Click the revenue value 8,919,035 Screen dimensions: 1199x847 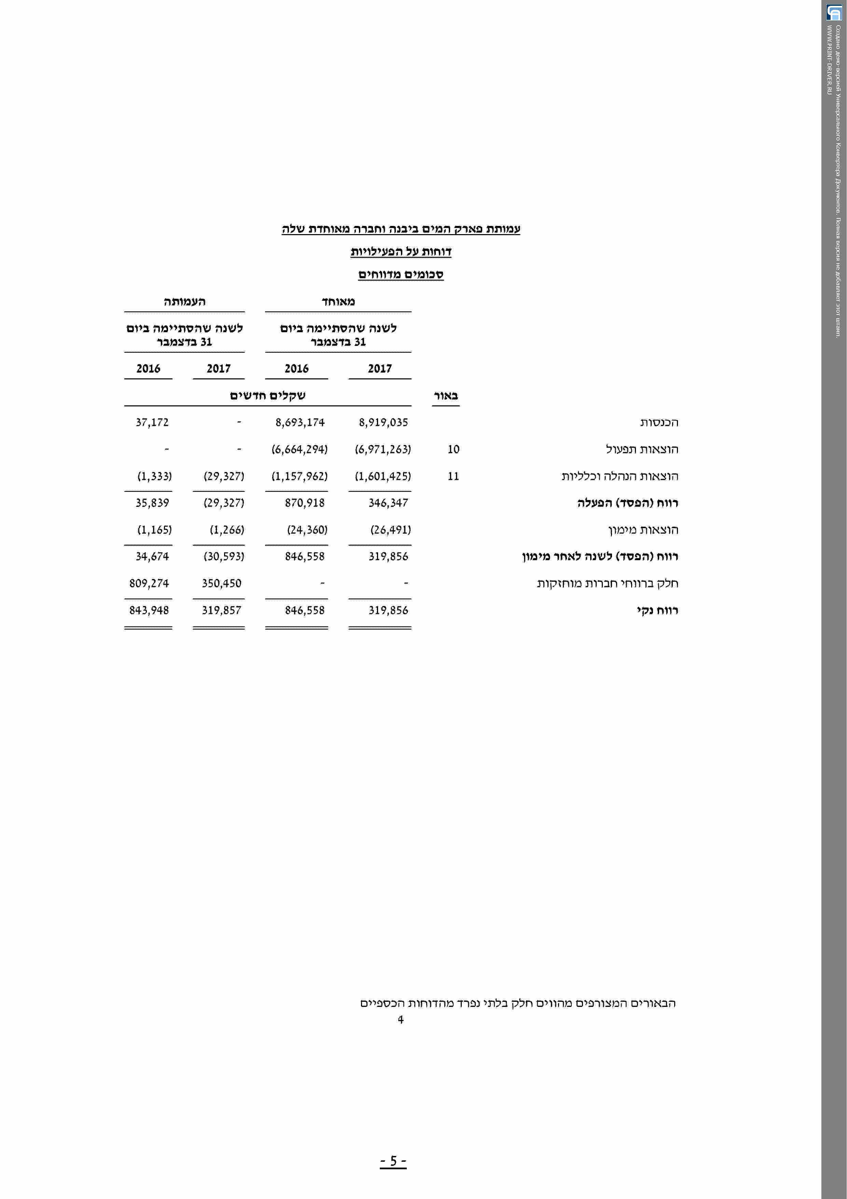[383, 422]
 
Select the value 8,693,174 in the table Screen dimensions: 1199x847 [300, 422]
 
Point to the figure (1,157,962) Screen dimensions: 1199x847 [300, 476]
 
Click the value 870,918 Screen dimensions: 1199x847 [305, 503]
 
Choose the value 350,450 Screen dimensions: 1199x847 [221, 583]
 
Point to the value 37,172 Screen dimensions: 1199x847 [152, 422]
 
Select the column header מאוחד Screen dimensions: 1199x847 [338, 301]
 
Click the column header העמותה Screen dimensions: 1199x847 [184, 301]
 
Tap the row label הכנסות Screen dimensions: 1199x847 [659, 422]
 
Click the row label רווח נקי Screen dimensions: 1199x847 [657, 610]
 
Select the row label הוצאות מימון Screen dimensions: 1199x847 [643, 530]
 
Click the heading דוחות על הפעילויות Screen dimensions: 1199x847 [401, 252]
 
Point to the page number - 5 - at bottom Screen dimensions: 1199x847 [393, 1160]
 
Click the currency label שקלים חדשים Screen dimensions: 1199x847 [268, 395]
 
